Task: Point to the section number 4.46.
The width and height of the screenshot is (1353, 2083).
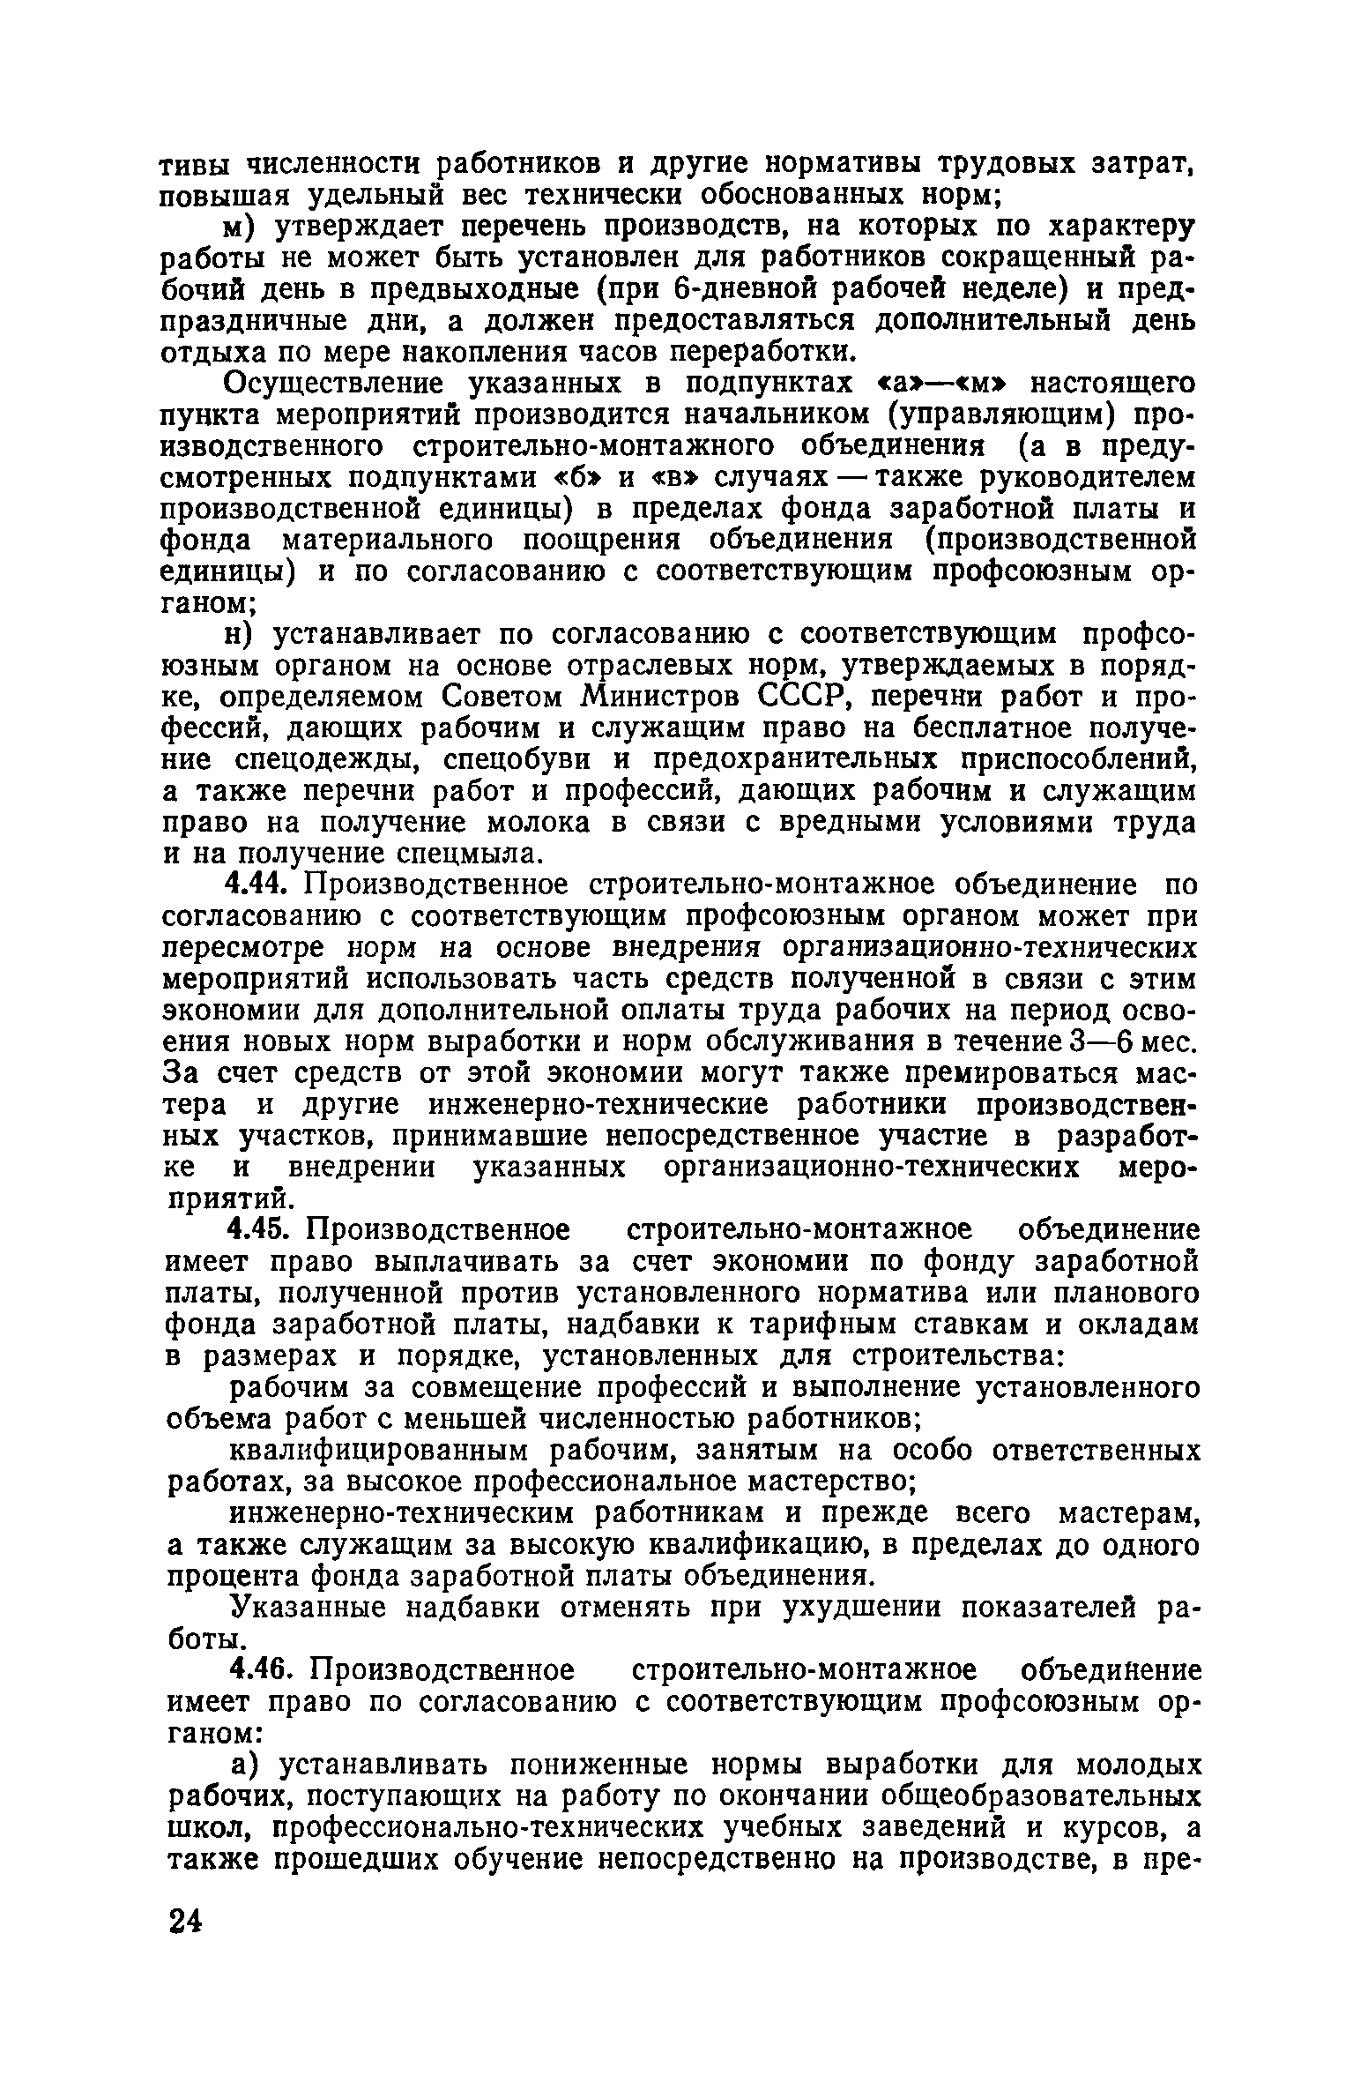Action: click(258, 1671)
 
